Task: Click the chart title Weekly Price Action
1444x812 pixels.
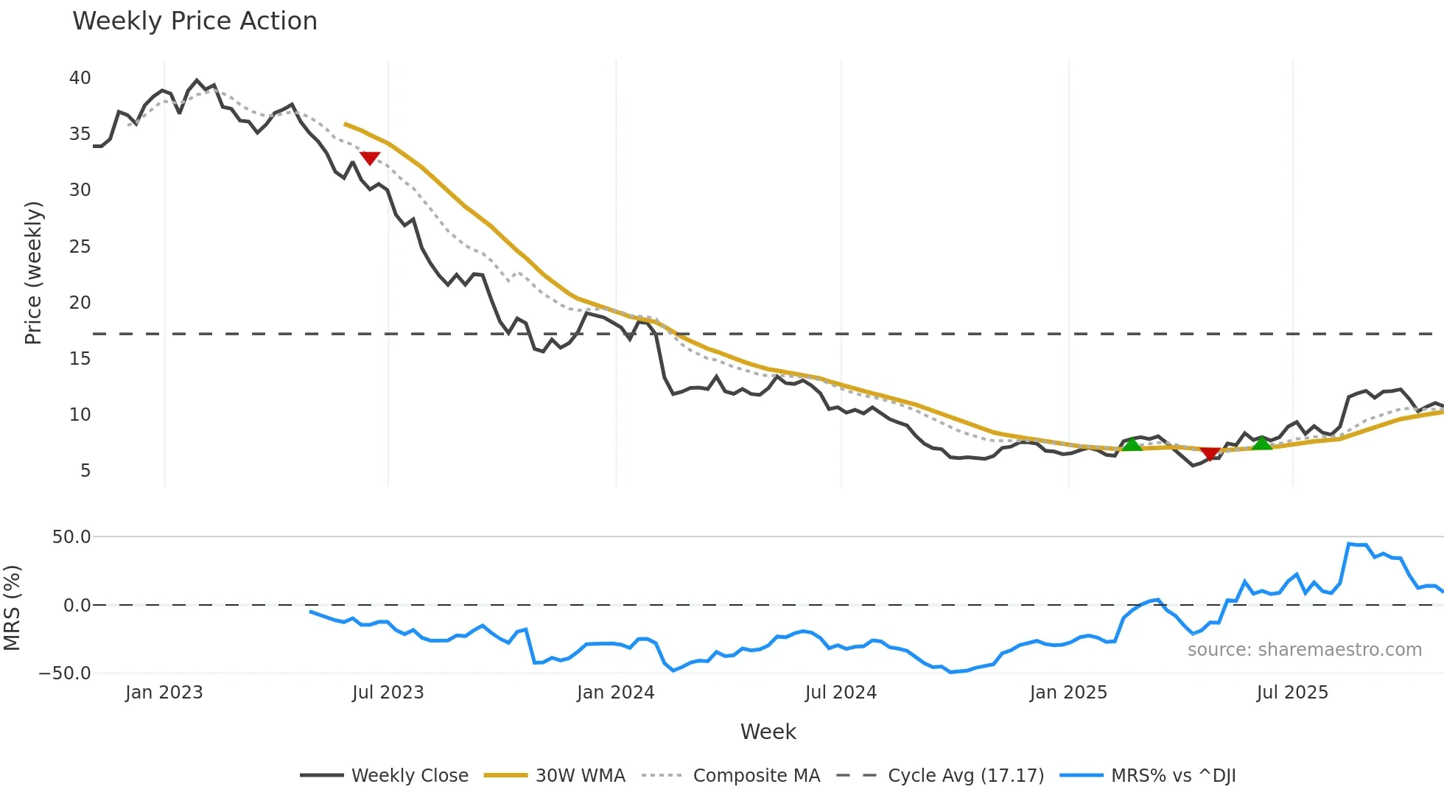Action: (194, 21)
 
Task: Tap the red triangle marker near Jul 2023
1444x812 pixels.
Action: (370, 158)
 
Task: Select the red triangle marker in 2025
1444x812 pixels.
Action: (1210, 454)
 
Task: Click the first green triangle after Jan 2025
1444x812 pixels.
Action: (1132, 444)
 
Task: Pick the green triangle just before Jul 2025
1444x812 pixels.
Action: (1262, 443)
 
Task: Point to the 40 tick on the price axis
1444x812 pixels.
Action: (80, 77)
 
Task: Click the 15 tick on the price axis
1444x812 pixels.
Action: (80, 358)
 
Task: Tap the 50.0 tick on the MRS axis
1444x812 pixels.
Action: (71, 536)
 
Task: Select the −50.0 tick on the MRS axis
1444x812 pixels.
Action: (65, 673)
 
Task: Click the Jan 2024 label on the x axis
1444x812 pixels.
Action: (615, 693)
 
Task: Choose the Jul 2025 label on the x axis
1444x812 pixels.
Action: (1292, 693)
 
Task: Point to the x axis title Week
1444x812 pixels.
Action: (768, 732)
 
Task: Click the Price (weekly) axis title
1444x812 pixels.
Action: (33, 273)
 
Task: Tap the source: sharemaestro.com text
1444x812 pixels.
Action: (1304, 649)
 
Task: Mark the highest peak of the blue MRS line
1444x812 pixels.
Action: (1349, 544)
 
